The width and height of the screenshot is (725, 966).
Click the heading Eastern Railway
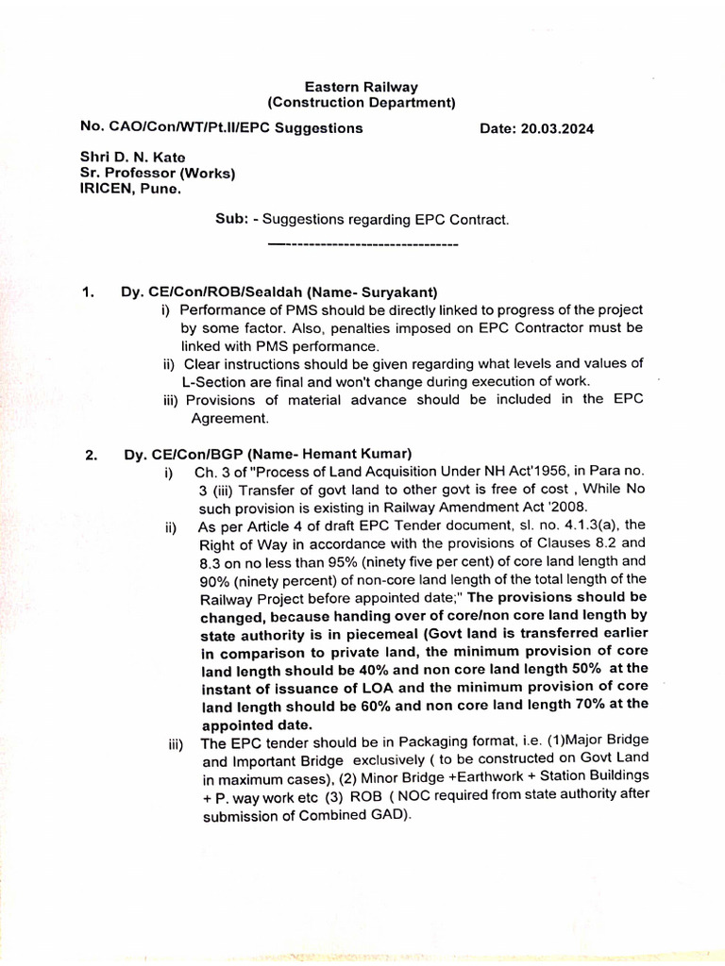[x=362, y=87]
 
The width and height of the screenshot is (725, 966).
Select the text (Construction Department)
[x=362, y=103]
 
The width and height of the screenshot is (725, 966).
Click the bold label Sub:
[x=231, y=220]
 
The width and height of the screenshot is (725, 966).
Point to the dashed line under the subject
[x=363, y=245]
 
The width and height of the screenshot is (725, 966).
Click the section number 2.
[x=91, y=456]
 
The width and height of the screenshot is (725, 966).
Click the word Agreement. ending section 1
[x=230, y=418]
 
